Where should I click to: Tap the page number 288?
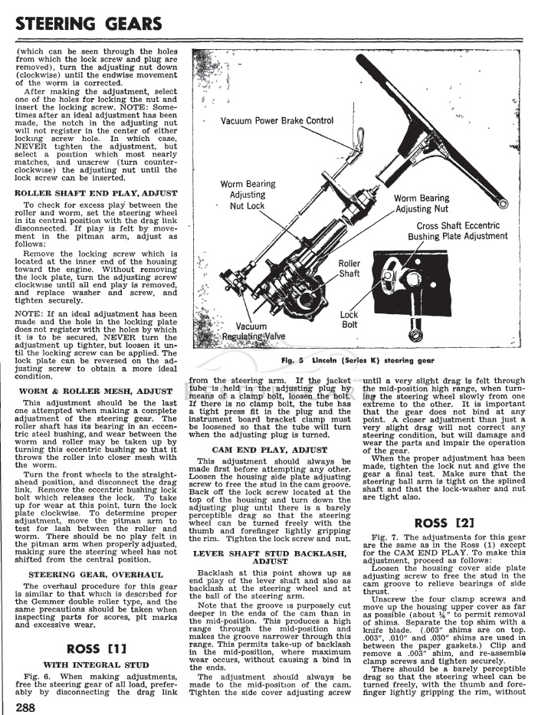(25, 706)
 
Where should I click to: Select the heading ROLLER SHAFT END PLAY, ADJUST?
(96, 192)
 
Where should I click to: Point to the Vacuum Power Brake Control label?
(277, 121)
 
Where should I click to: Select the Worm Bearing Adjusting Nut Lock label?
(243, 195)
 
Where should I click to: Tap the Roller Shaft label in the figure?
(349, 268)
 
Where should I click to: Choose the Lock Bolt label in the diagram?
(349, 320)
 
